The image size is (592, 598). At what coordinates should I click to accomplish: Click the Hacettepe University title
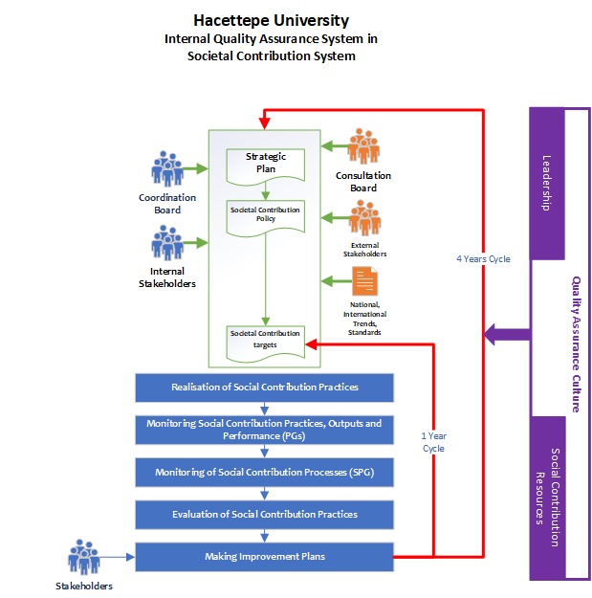(272, 20)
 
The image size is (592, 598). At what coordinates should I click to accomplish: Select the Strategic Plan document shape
(265, 164)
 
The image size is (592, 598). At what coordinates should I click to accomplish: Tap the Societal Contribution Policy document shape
(265, 214)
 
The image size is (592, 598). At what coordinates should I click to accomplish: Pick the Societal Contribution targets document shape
(265, 341)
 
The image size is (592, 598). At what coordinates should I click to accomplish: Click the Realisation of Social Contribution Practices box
(265, 388)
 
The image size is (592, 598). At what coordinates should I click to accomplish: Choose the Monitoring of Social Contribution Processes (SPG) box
(265, 472)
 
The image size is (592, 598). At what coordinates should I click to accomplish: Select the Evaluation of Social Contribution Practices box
(265, 514)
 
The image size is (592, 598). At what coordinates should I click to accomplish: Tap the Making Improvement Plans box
(265, 556)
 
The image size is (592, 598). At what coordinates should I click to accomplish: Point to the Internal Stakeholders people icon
(167, 244)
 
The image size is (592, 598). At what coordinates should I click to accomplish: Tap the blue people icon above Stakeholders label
(83, 558)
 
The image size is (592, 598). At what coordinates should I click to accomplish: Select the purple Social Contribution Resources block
(548, 498)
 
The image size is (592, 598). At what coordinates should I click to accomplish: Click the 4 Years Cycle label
(482, 257)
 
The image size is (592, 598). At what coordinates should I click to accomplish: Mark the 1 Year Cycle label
(433, 441)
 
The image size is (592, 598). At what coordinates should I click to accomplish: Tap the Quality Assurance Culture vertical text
(577, 344)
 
